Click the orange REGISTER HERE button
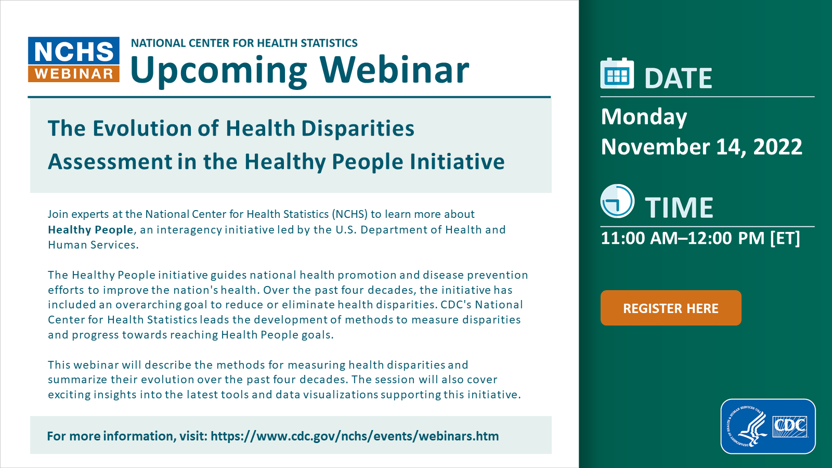coord(671,308)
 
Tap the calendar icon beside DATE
coord(617,73)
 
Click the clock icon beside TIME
coord(617,201)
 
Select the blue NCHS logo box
coord(73,51)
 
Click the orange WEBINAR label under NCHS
coord(73,74)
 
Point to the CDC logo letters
coord(790,426)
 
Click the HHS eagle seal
coord(747,426)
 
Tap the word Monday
coord(644,117)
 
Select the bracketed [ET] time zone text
coord(785,238)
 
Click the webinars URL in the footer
coord(355,436)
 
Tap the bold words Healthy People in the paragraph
coord(90,229)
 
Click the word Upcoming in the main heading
coord(219,70)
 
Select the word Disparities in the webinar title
coord(357,128)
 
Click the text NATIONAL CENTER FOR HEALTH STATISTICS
coord(244,43)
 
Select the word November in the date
coord(655,147)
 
